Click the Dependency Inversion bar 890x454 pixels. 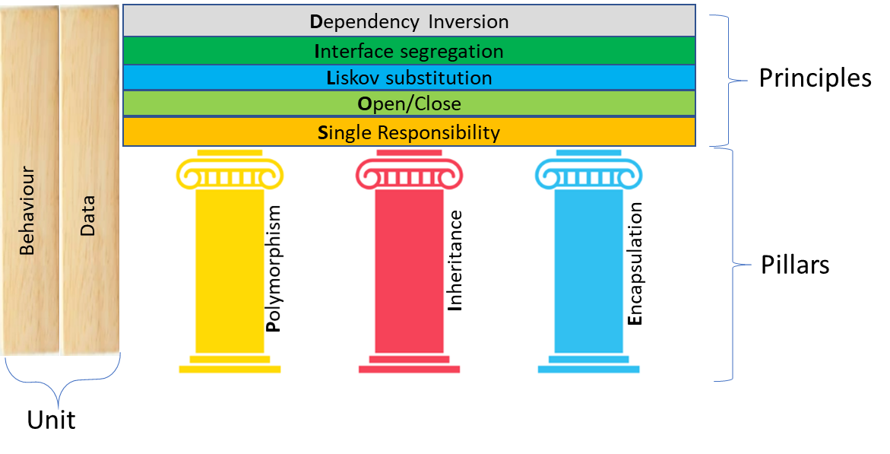(x=409, y=21)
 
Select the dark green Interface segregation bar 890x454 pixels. (x=409, y=52)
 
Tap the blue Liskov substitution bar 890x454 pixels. (x=409, y=78)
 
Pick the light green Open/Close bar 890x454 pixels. (x=409, y=103)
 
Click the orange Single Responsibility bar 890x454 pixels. (x=409, y=132)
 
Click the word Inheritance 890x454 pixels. (x=455, y=261)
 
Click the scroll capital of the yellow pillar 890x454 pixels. (x=230, y=171)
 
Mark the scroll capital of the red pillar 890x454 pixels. (x=409, y=171)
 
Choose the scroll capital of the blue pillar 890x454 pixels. (x=588, y=171)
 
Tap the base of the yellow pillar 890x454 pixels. (x=230, y=364)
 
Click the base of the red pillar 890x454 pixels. (x=409, y=364)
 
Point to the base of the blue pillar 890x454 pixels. (x=588, y=364)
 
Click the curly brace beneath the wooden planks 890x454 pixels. (x=61, y=383)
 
